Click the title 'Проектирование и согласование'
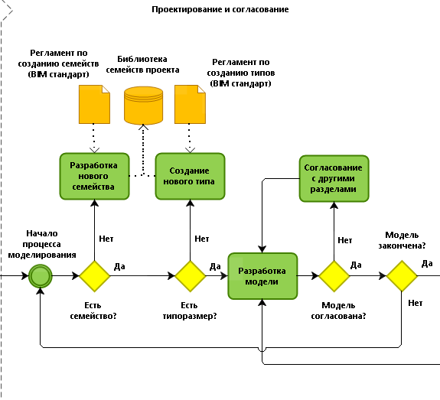coord(220,9)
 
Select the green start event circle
coord(41,276)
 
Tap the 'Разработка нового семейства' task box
coord(94,176)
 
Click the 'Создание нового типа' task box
coord(190,176)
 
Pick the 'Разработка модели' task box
coord(262,276)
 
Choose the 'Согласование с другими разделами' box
coord(334,178)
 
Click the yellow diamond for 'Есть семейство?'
coord(95,276)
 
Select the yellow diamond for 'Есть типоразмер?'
coord(191,276)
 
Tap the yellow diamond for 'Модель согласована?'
coord(334,276)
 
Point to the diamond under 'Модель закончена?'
coord(402,276)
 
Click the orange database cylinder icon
coord(143,106)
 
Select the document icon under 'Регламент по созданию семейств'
coord(94,104)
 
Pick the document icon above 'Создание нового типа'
coord(190,104)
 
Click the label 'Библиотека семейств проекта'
coord(142,64)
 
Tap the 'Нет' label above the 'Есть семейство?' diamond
coord(106,239)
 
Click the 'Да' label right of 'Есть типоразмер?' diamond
coord(215,266)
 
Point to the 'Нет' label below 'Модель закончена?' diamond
coord(416,303)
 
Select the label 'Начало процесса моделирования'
coord(42,244)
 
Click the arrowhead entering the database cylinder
coord(143,127)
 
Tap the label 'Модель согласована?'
coord(338,311)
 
